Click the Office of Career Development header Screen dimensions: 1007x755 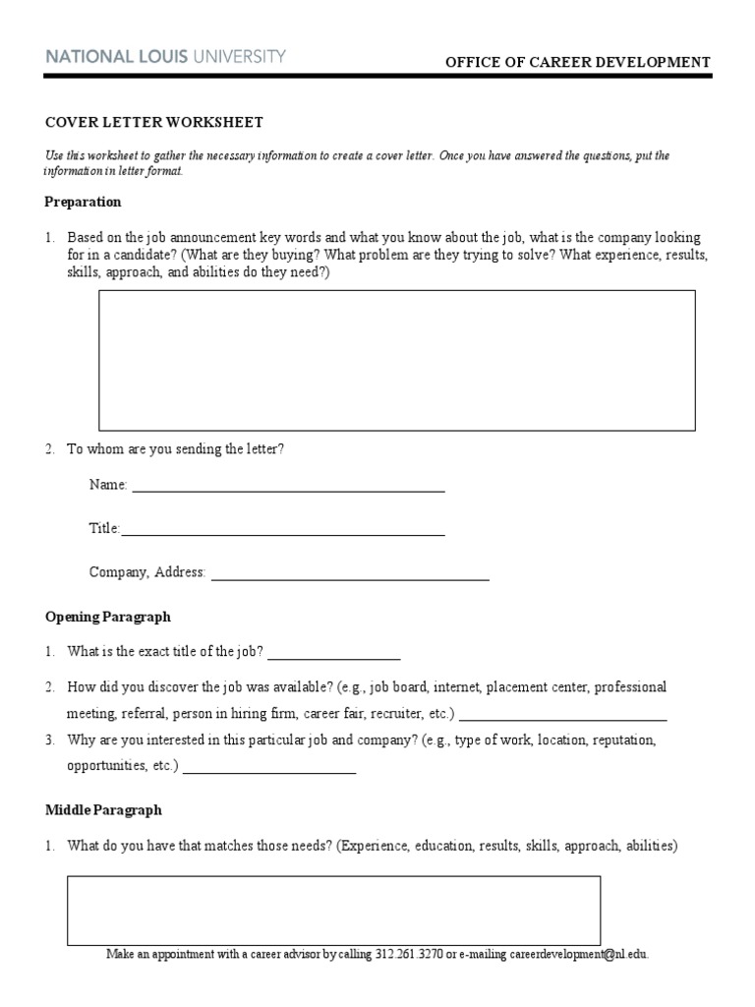578,62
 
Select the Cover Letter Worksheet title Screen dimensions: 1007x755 154,122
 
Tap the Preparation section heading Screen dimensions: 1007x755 84,202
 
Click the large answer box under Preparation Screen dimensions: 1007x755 396,360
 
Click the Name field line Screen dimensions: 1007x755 288,487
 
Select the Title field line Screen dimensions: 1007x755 283,531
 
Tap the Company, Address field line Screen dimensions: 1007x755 350,575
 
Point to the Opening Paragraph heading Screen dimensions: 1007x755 108,617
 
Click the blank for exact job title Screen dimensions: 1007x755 334,653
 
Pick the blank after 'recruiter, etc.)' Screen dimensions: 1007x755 562,715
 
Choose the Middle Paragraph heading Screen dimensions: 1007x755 103,810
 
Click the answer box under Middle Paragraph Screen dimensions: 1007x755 333,911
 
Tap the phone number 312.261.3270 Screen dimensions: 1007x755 409,954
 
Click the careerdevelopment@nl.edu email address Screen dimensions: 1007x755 567,954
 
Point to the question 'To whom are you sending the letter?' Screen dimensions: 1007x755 176,448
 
